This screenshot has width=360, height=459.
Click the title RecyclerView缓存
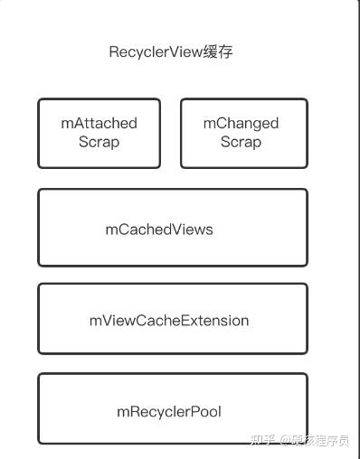point(171,52)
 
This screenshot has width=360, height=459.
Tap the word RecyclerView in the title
point(154,52)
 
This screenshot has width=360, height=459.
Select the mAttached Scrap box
point(99,133)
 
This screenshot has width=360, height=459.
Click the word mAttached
point(99,124)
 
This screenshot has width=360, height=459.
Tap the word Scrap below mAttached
point(99,142)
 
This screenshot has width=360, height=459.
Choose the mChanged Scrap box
point(243,133)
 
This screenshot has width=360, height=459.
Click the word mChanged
point(241,124)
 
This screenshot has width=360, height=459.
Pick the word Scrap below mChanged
point(241,142)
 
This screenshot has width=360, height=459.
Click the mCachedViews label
point(159,229)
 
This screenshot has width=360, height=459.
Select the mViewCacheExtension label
point(169,321)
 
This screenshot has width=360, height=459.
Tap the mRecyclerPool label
point(169,412)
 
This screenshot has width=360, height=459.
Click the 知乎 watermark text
point(261,441)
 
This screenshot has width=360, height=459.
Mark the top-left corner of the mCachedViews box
point(39,190)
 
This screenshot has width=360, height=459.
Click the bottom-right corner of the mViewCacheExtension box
point(307,353)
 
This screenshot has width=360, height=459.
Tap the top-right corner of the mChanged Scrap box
point(307,99)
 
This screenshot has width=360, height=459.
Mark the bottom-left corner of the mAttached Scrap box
point(39,167)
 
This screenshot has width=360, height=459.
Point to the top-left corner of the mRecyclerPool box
point(39,375)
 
